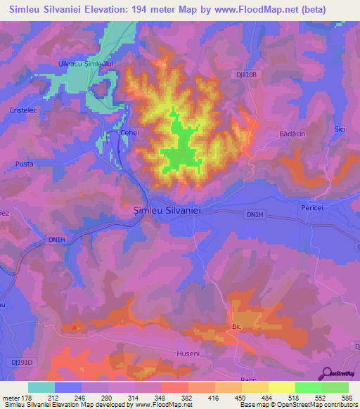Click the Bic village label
[236, 327]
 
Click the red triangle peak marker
[75, 327]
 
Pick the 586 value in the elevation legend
[347, 398]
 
